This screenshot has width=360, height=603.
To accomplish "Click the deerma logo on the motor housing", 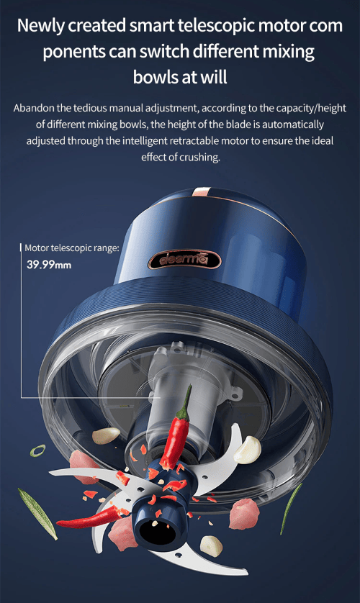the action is pyautogui.click(x=184, y=260).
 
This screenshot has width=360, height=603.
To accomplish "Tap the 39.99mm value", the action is pyautogui.click(x=49, y=265).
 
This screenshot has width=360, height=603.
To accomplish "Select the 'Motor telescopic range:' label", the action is pyautogui.click(x=72, y=248).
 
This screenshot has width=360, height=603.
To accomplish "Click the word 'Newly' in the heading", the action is pyautogui.click(x=40, y=26).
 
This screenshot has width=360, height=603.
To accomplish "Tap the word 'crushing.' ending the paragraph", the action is pyautogui.click(x=199, y=158).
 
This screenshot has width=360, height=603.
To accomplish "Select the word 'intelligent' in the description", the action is pyautogui.click(x=145, y=141).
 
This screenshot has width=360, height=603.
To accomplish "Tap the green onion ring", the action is pyautogui.click(x=37, y=450).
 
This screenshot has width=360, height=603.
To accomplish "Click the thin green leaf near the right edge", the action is pyautogui.click(x=291, y=508).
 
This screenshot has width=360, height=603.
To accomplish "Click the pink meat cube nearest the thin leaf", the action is pyautogui.click(x=244, y=513).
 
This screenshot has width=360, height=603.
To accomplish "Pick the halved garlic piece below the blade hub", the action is pyautogui.click(x=211, y=545).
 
